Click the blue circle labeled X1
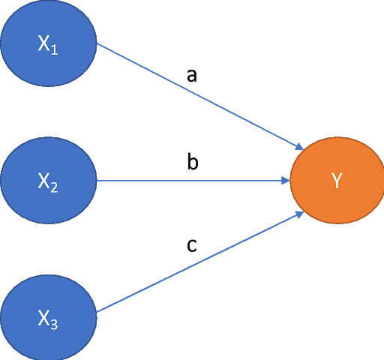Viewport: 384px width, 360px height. (49, 43)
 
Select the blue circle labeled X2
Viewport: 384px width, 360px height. (49, 180)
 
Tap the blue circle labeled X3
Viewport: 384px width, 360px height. (49, 317)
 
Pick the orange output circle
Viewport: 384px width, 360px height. (337, 180)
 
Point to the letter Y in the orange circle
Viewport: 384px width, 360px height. (337, 181)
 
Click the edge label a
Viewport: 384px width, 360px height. (192, 76)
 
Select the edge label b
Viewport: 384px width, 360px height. (193, 162)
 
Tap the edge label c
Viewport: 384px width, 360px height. (191, 245)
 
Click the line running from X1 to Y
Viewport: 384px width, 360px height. (200, 97)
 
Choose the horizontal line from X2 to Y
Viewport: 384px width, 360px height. (193, 180)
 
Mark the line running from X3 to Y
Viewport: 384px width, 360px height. (200, 262)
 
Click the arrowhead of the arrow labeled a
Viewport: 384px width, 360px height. (299, 146)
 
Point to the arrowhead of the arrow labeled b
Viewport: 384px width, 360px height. (286, 180)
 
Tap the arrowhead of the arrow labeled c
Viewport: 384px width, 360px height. (299, 214)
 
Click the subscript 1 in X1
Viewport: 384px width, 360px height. (55, 49)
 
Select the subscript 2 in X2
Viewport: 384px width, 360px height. (54, 187)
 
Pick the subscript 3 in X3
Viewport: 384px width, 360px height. (54, 324)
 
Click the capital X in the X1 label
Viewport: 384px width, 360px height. (43, 43)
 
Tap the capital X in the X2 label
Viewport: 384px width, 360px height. (43, 181)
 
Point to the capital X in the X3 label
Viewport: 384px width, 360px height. (43, 317)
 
